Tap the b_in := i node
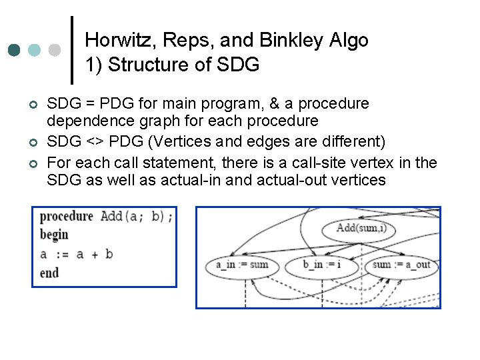[x=323, y=265]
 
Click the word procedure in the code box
[x=67, y=217]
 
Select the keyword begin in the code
[x=54, y=235]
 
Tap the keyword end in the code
[x=49, y=273]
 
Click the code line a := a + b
[x=76, y=254]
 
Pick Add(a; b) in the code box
[x=136, y=217]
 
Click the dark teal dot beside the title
[x=14, y=51]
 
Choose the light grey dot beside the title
[x=55, y=51]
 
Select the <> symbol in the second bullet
[x=97, y=142]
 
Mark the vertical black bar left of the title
[x=72, y=51]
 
